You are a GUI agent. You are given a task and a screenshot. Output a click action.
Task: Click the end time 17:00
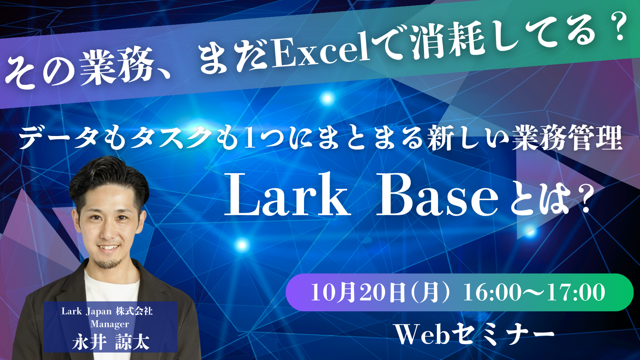click(576, 292)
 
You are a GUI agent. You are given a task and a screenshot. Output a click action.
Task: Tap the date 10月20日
click(358, 292)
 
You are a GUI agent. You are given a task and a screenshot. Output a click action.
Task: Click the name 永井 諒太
click(111, 342)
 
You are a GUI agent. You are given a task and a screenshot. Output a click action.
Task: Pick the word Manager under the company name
click(110, 324)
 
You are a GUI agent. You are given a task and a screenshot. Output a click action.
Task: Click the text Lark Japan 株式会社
click(107, 311)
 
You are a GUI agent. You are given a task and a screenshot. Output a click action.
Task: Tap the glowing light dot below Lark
click(242, 245)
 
